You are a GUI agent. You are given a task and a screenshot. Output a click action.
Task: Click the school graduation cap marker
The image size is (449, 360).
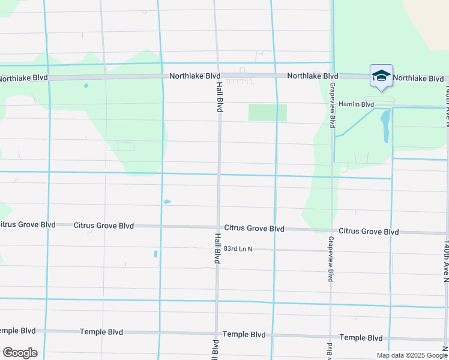point(381,77)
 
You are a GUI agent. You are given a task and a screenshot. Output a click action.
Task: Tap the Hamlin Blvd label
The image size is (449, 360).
point(357,104)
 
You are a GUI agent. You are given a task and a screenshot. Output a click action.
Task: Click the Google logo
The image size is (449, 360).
point(20,353)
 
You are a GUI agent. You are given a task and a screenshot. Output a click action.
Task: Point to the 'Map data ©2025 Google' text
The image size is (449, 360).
point(412,355)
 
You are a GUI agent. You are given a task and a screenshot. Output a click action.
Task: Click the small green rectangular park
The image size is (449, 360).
point(267,112)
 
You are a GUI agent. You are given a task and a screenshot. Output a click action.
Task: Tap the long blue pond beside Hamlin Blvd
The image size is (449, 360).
point(385,126)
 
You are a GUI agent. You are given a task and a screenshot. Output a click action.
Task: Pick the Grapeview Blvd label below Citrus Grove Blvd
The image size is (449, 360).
point(331,259)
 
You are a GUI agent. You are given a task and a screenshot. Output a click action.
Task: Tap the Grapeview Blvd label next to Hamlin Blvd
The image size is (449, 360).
point(331,104)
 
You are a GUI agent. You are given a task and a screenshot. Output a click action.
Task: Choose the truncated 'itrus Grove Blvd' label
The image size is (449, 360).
point(28,224)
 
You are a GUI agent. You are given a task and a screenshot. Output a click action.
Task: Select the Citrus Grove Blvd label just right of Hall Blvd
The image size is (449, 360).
point(254,229)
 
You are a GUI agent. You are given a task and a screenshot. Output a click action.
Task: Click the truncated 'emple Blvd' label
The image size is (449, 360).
point(17,331)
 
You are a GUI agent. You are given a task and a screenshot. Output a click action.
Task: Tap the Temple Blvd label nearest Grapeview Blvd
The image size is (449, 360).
point(361,338)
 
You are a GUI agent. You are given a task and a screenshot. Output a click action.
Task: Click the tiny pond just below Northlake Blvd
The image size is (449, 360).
point(86,86)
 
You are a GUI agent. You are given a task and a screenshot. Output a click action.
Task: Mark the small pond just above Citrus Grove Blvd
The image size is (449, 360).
point(167,202)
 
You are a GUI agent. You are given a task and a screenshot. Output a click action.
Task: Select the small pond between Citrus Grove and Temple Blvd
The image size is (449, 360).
point(155,254)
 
